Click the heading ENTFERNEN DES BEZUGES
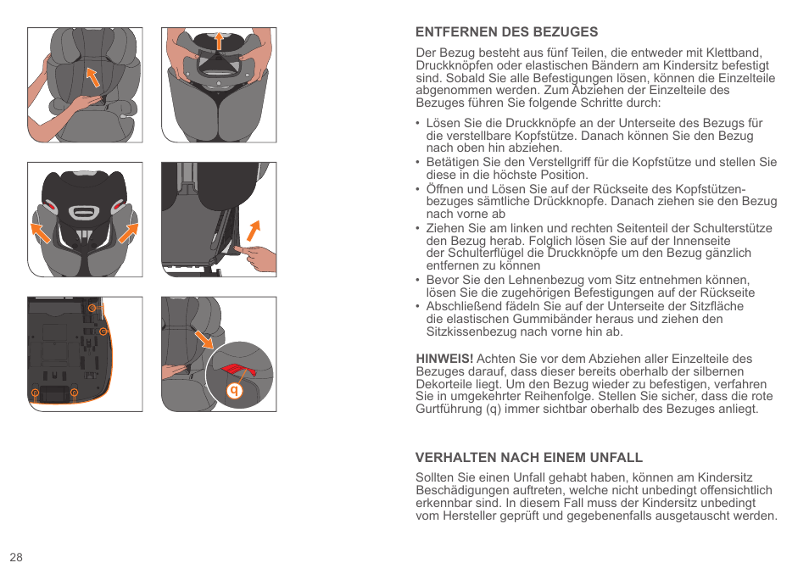pos(506,32)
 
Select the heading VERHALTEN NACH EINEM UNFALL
pos(528,457)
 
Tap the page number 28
pos(16,557)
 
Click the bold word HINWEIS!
pos(444,359)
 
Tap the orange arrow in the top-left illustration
pos(93,77)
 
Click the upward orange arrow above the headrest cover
pos(218,40)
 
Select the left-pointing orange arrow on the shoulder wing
pos(40,230)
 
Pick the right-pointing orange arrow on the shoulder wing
pos(129,230)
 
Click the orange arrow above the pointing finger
pos(253,228)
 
